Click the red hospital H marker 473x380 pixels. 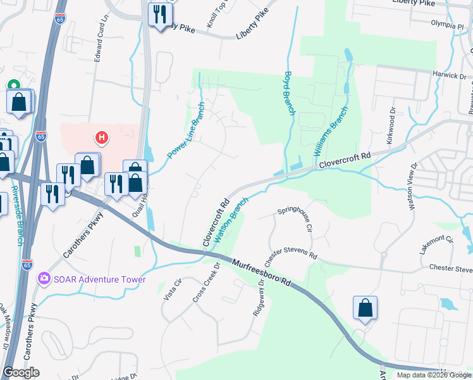[100, 137]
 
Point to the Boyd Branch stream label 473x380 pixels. [289, 92]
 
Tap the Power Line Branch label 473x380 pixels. [186, 130]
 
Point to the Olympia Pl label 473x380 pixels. [447, 25]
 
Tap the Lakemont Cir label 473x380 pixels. [437, 244]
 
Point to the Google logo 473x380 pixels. [21, 372]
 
